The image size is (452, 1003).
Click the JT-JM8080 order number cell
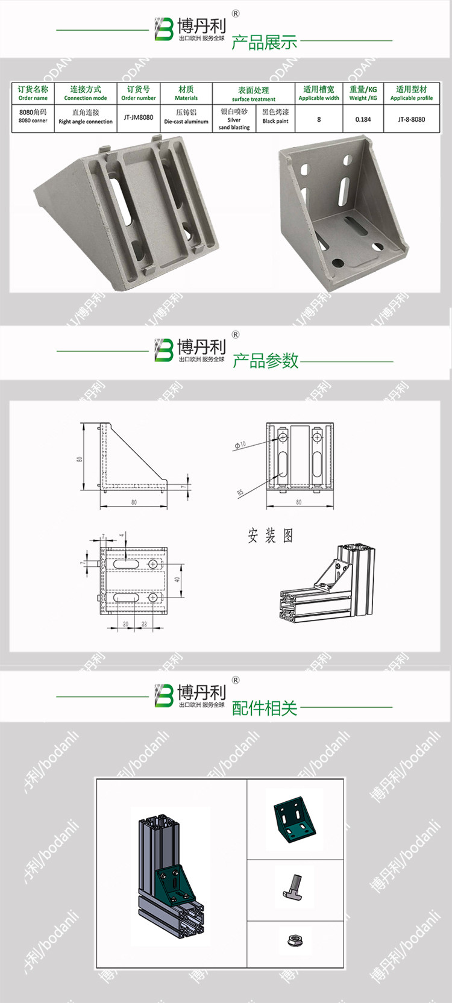point(139,118)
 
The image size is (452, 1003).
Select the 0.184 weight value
point(363,119)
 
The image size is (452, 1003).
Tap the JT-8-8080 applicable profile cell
point(411,119)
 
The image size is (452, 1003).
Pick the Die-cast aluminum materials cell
point(186,117)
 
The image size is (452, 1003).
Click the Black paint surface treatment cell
point(275,116)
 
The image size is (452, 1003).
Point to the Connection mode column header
point(86,93)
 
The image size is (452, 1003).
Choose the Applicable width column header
point(319,93)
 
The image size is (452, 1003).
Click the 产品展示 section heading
point(264,43)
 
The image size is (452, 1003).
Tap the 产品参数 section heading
point(265,361)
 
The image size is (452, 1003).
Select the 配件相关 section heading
point(265,708)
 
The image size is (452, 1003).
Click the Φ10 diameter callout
point(240,445)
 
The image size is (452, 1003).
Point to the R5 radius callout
point(240,492)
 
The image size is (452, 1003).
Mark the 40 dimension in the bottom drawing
point(177,580)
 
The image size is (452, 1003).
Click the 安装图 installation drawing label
point(271,536)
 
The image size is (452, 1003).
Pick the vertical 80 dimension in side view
point(80,458)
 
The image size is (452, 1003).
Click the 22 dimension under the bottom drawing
point(144,624)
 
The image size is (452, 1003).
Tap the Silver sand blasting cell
point(234,119)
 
